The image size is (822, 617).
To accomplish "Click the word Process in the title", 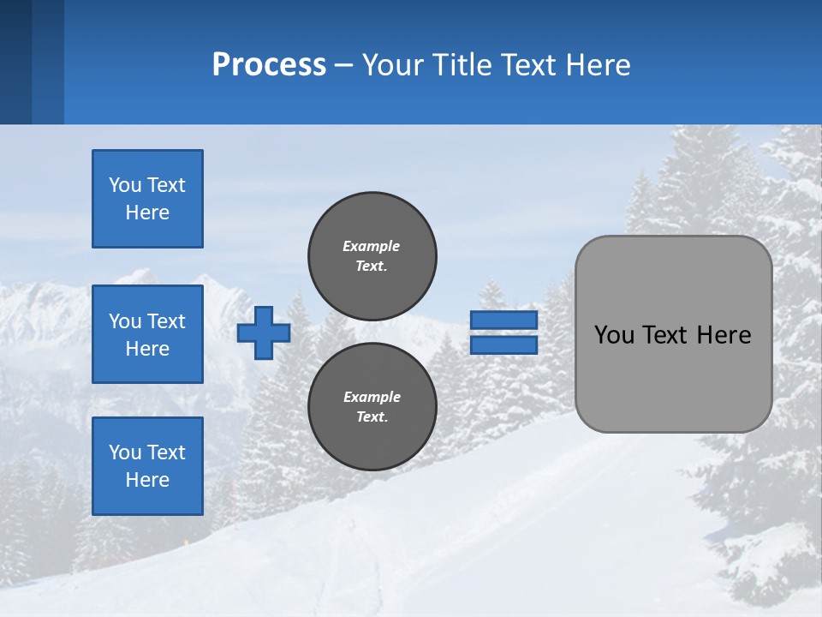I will click(x=269, y=65).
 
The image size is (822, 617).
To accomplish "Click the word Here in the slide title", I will click(x=598, y=65).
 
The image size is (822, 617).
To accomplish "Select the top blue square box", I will click(x=147, y=199).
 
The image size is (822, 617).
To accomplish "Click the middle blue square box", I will click(x=147, y=334).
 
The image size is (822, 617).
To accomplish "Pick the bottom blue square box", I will click(x=147, y=465).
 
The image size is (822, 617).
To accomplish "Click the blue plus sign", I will click(x=264, y=332).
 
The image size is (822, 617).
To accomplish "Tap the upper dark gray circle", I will click(x=372, y=255).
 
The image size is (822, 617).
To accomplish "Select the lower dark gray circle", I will click(x=372, y=406).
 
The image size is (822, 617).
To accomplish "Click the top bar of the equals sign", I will click(x=503, y=320).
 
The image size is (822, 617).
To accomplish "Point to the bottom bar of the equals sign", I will click(x=503, y=344).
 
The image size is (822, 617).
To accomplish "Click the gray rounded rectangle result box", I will click(x=673, y=377).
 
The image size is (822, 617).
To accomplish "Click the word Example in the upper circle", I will click(x=371, y=246).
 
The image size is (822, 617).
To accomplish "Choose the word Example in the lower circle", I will click(x=372, y=397).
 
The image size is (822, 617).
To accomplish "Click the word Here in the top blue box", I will click(x=147, y=213).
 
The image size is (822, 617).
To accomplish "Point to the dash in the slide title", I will click(x=343, y=66).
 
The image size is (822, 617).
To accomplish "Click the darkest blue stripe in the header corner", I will click(x=15, y=62).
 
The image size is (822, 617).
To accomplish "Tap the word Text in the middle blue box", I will click(x=165, y=321).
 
